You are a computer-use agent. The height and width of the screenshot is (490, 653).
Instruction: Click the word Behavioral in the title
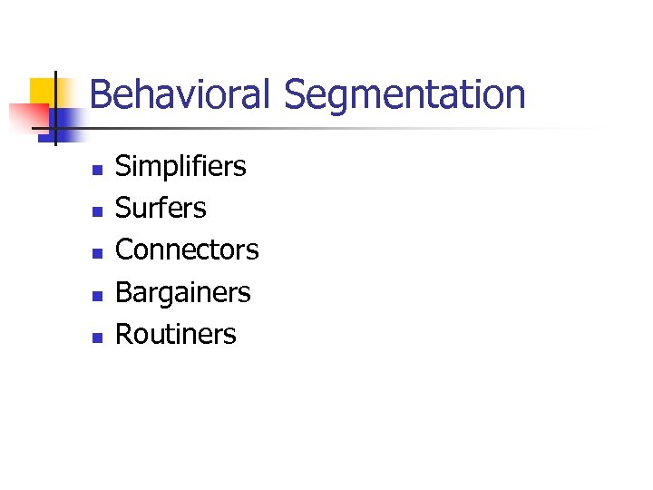[x=180, y=94]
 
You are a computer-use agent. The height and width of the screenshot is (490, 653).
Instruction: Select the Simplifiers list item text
[x=180, y=167]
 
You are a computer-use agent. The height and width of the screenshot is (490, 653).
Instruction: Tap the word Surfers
[x=161, y=208]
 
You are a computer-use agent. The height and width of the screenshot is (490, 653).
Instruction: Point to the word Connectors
[x=187, y=250]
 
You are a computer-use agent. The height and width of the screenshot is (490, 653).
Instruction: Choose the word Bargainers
[x=182, y=293]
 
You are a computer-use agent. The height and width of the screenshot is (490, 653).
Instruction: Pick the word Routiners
[x=175, y=334]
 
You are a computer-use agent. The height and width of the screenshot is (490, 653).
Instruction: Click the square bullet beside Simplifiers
[x=94, y=170]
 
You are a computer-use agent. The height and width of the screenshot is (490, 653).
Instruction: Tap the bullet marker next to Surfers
[x=94, y=211]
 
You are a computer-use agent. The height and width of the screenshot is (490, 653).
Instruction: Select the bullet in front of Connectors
[x=94, y=253]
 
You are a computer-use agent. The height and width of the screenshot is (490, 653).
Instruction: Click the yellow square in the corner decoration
[x=43, y=91]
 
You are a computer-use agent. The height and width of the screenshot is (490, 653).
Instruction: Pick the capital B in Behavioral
[x=101, y=94]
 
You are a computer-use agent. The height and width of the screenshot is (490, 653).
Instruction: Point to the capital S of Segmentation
[x=296, y=94]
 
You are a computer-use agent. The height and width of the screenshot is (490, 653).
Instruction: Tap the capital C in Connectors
[x=125, y=250]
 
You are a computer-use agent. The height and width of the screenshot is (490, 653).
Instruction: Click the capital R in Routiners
[x=124, y=334]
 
